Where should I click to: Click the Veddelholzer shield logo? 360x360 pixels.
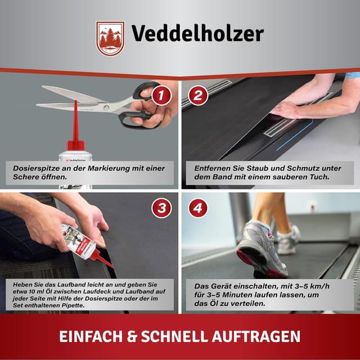coord(110,38)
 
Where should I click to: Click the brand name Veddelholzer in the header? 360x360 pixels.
coord(197,34)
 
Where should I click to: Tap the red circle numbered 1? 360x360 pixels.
coord(161,95)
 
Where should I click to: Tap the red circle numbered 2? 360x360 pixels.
coord(198,95)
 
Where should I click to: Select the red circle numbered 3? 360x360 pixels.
coord(161,208)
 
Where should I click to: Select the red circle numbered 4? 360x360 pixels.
coord(198,208)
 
